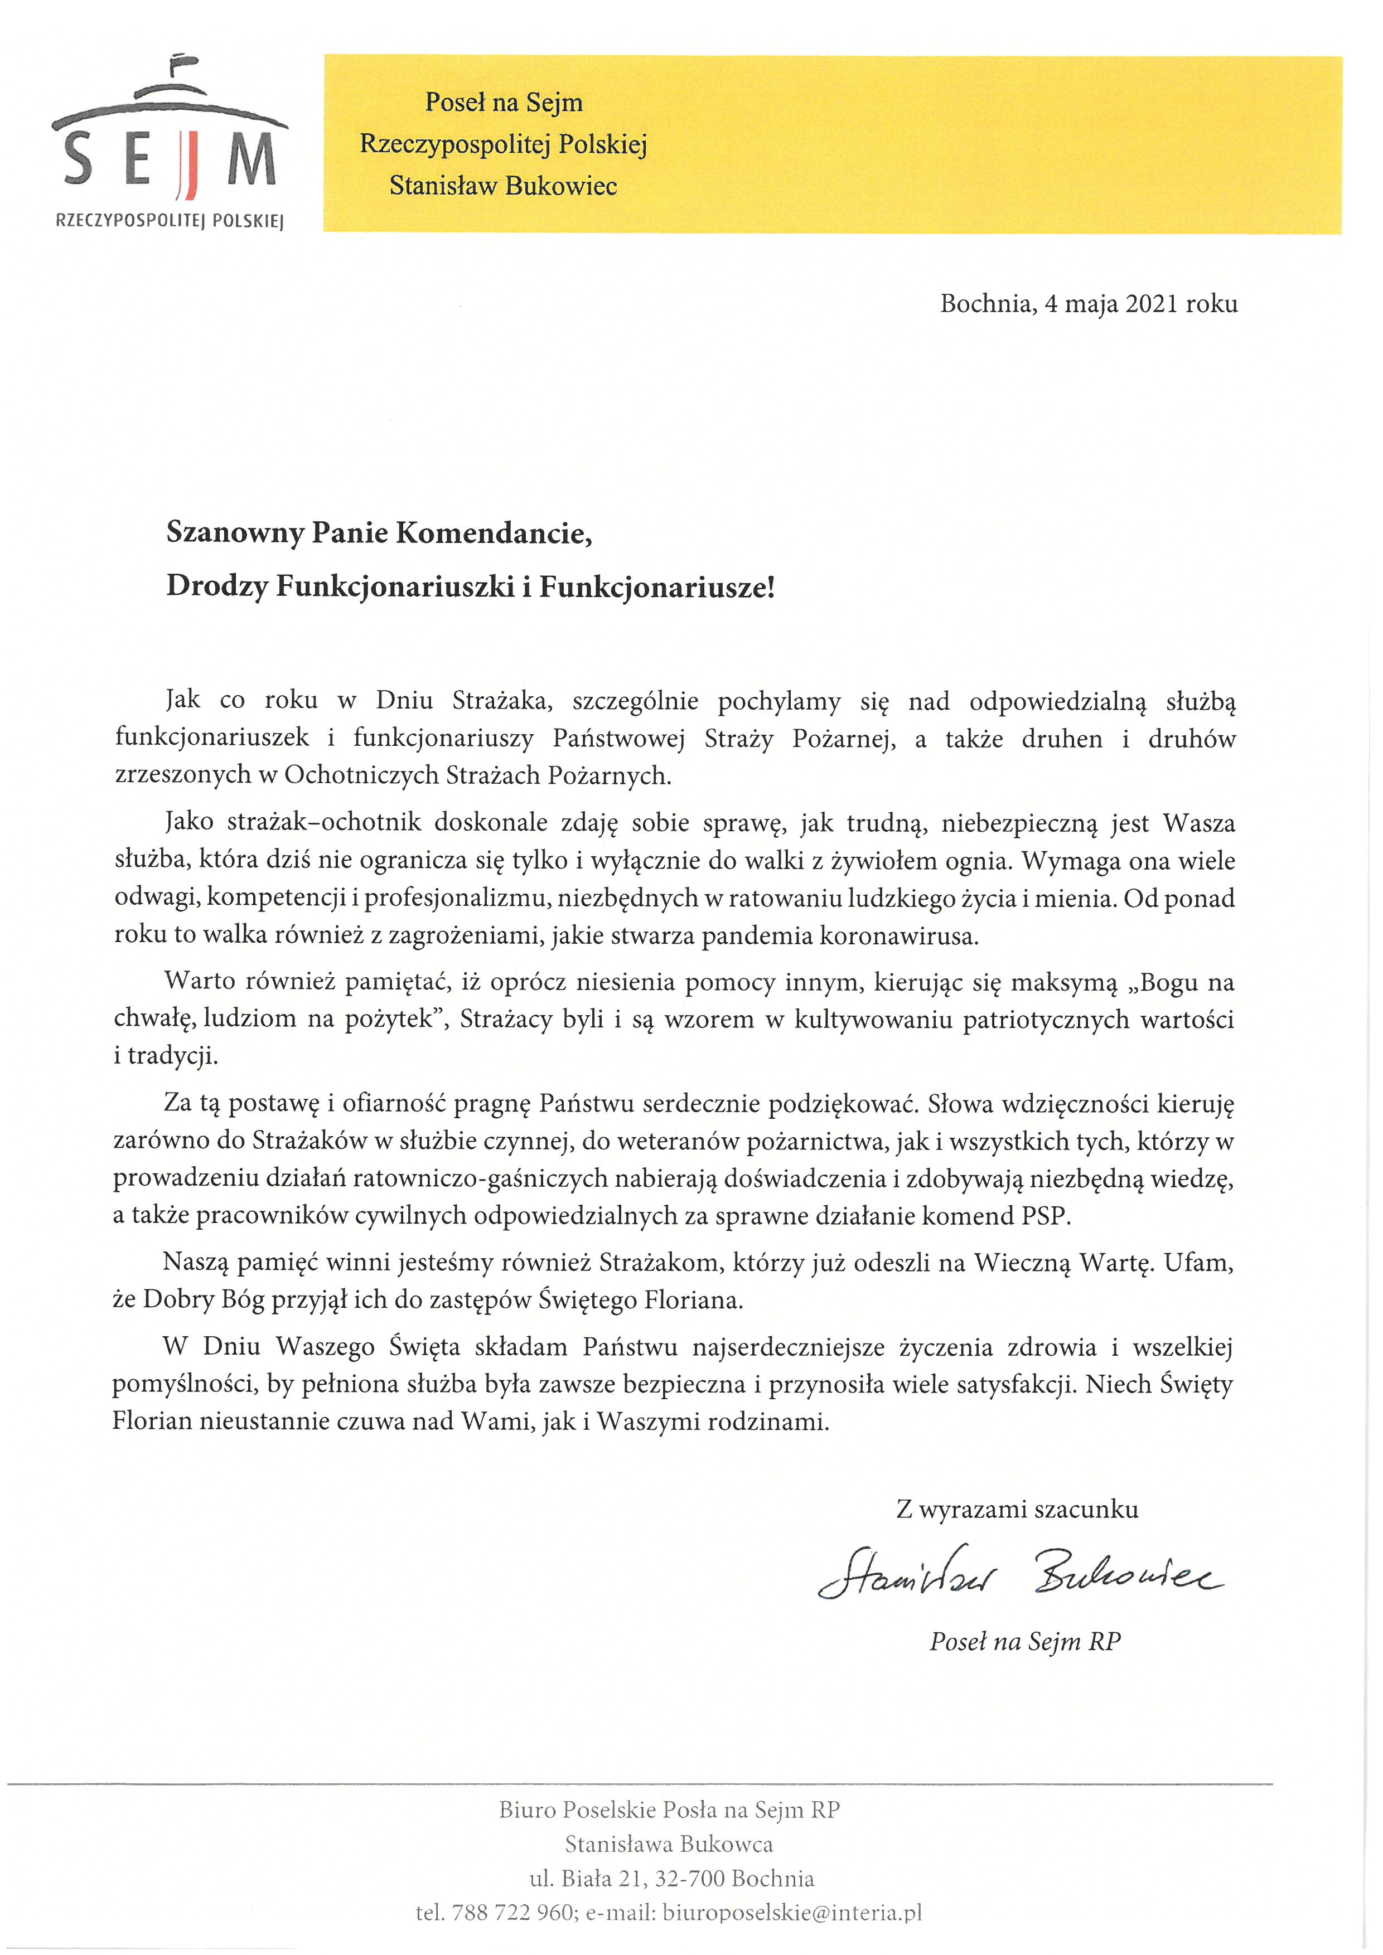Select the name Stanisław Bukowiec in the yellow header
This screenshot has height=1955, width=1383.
click(x=504, y=186)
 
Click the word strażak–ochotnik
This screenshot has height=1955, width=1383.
click(x=325, y=823)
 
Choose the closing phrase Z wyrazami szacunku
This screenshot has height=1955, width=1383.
click(x=1017, y=1510)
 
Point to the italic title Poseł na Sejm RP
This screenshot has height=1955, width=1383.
click(x=1024, y=1642)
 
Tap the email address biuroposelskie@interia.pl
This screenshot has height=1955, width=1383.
click(x=792, y=1913)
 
